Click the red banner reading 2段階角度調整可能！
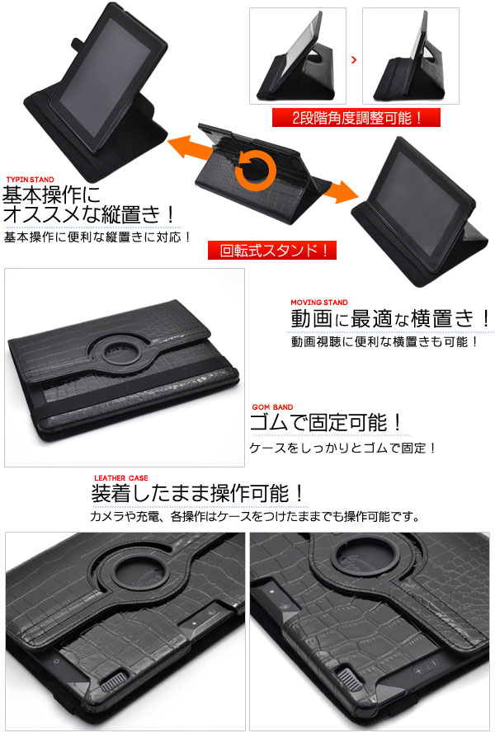[x=356, y=118]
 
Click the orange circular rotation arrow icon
[x=257, y=169]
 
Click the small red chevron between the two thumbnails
[x=354, y=60]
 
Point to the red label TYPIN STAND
[x=31, y=180]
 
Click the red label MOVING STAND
[x=319, y=303]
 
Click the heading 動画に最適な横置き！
[x=391, y=319]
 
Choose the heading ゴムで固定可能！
[x=328, y=424]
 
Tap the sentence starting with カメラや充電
[x=255, y=518]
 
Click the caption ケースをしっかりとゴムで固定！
[x=342, y=448]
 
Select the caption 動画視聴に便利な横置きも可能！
[x=384, y=340]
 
